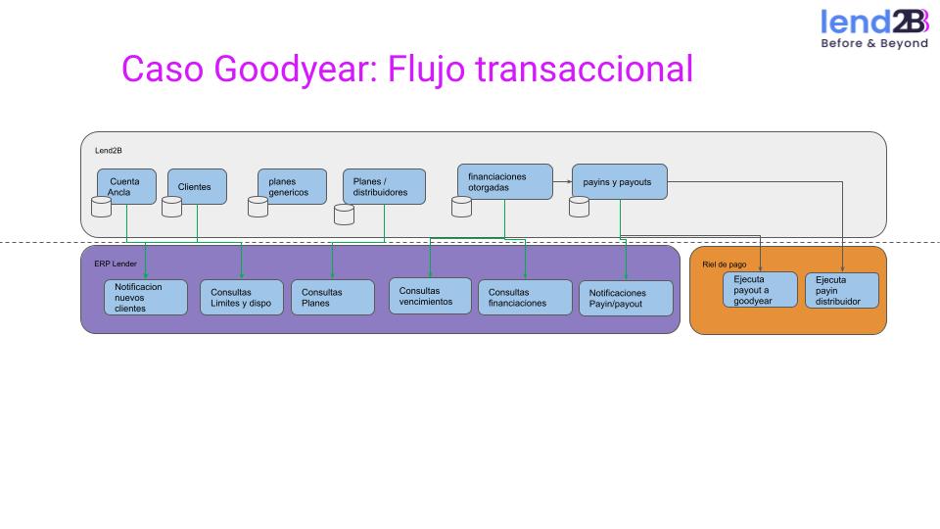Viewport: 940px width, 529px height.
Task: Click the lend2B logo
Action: (874, 28)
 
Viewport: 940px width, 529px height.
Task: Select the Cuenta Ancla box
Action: (126, 186)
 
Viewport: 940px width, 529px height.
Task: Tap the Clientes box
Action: (196, 186)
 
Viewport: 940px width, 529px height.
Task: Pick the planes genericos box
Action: (291, 186)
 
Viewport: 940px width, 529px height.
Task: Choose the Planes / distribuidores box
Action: (384, 186)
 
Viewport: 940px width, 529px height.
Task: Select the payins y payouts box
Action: (619, 182)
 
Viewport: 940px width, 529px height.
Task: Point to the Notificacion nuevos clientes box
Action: (145, 297)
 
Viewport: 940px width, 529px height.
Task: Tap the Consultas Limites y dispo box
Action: (241, 298)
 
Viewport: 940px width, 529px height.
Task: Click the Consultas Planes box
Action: (332, 298)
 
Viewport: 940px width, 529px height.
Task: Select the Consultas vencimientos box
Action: (429, 296)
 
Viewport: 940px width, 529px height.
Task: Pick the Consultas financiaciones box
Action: (525, 298)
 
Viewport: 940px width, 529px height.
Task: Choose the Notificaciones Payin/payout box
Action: (626, 298)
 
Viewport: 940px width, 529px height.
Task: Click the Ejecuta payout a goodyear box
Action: (760, 290)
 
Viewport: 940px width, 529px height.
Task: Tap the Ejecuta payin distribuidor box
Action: (842, 290)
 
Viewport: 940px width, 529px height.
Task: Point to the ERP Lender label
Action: (109, 264)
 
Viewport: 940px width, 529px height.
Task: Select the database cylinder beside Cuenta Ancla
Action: (100, 207)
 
